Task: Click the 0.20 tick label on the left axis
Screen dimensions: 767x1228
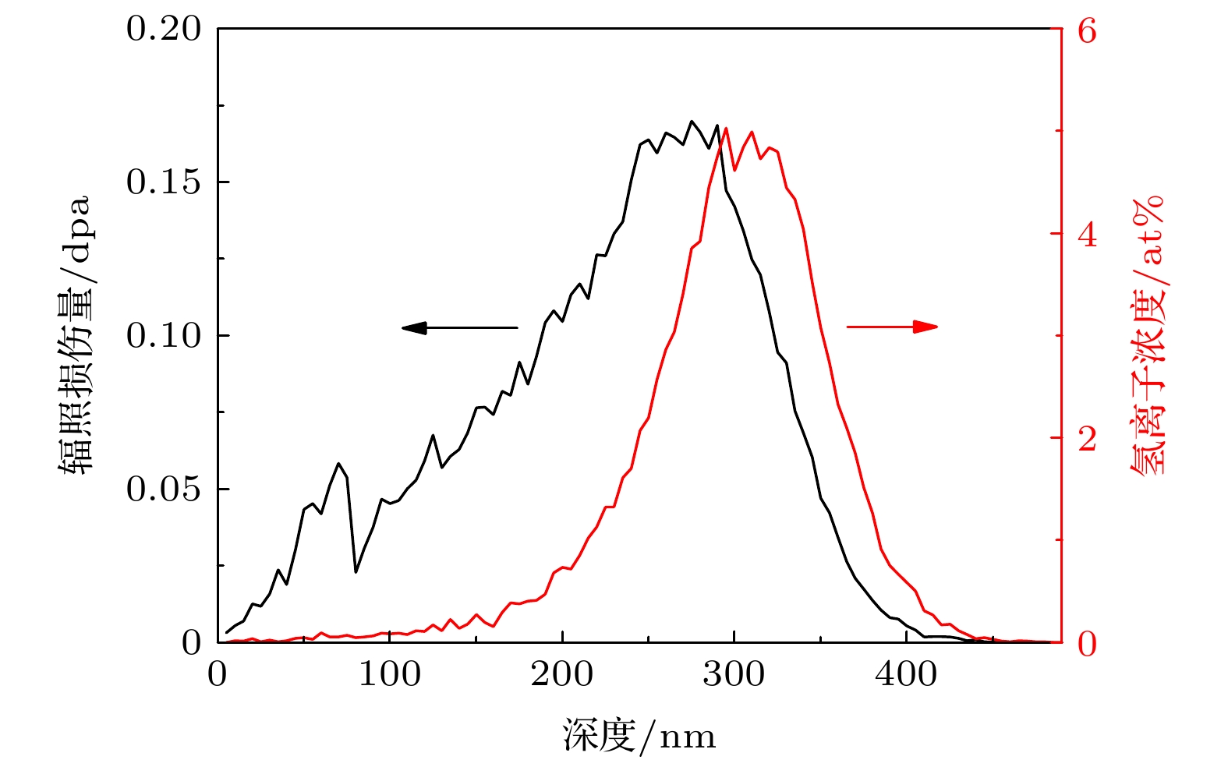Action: pos(163,30)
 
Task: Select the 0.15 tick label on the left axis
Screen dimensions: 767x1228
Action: pos(163,182)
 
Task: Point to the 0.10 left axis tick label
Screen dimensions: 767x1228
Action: pos(163,336)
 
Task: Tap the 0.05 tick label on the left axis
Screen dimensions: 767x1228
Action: pos(163,490)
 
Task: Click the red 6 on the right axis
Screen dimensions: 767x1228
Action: pos(1086,31)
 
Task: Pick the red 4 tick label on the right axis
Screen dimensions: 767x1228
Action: pos(1086,234)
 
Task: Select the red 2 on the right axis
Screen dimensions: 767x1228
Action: pos(1086,439)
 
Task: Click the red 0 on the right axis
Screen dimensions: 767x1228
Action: pos(1086,644)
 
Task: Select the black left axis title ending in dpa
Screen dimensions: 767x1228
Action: pos(75,335)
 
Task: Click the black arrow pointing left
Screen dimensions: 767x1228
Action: pos(460,327)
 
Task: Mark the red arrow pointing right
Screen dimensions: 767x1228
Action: pos(892,327)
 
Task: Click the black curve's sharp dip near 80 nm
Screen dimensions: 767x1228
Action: pos(356,572)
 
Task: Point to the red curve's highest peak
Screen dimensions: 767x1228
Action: pos(726,128)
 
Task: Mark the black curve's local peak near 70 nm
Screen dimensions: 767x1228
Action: pos(338,464)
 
